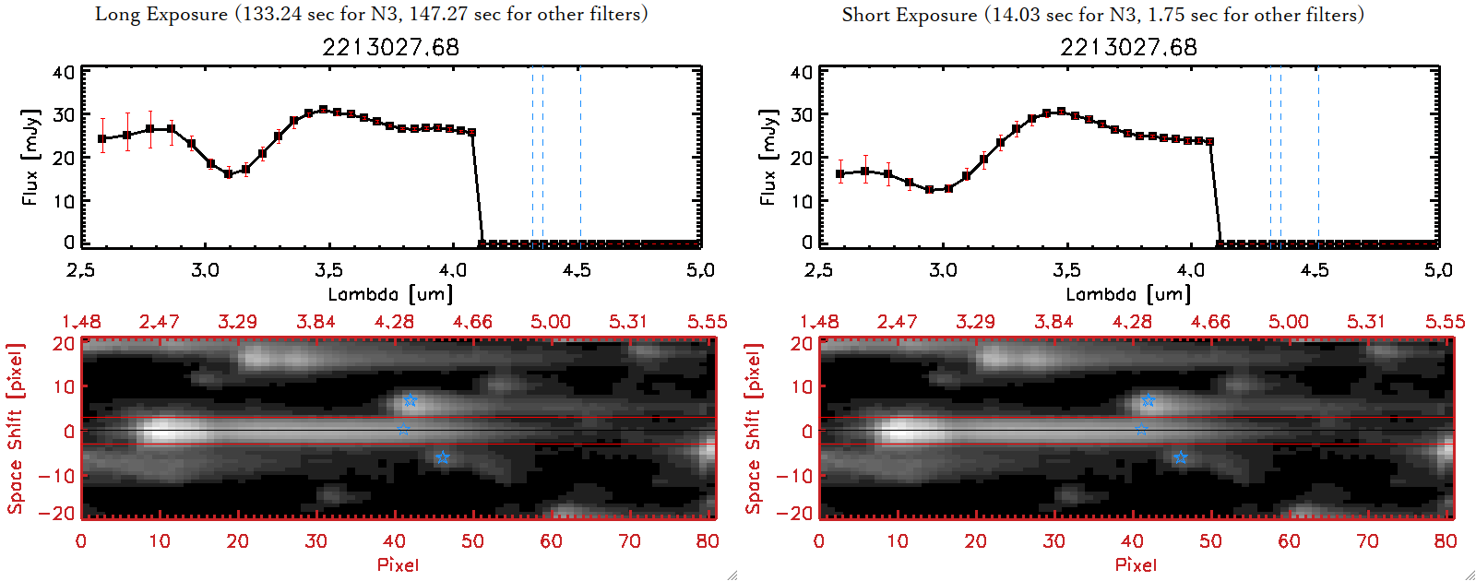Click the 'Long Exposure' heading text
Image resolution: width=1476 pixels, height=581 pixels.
[161, 15]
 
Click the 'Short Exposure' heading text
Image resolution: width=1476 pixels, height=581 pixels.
[909, 15]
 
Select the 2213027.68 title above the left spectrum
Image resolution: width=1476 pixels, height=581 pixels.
[390, 47]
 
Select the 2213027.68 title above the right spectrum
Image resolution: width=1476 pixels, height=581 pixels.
[1128, 47]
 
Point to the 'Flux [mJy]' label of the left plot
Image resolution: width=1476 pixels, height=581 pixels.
[30, 158]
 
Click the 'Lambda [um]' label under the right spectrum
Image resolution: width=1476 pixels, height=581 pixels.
[1128, 294]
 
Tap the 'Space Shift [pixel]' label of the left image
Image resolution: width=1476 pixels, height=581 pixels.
[15, 429]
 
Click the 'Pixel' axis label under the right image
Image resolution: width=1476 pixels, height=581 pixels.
[1136, 564]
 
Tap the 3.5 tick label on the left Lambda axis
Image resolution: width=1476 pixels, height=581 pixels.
[328, 270]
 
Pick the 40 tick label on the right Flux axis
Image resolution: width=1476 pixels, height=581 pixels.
[801, 73]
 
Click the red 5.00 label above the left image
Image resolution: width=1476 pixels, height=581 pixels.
[551, 322]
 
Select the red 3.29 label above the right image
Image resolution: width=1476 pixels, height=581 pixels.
[975, 322]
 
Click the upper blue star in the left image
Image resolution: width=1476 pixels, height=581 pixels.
[410, 400]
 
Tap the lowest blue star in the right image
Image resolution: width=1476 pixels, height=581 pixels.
[1180, 457]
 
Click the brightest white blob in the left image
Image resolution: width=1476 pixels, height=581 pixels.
[162, 431]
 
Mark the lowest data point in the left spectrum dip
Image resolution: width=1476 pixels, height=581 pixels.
[229, 173]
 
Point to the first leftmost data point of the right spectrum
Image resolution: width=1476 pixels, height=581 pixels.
[840, 173]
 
